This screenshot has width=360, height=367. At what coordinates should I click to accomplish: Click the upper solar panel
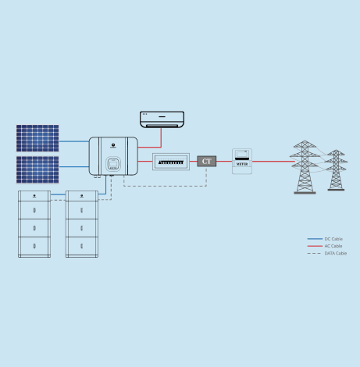click(37, 138)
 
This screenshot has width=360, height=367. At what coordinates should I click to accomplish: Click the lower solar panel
click(37, 169)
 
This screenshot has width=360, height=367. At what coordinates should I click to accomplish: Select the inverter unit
click(113, 156)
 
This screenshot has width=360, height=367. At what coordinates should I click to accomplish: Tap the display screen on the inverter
click(113, 164)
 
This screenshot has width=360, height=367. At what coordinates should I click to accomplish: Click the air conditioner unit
click(162, 119)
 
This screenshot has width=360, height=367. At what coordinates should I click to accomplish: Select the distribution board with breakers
click(171, 162)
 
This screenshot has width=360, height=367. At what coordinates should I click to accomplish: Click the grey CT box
click(207, 162)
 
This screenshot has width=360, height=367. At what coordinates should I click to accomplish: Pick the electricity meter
click(242, 161)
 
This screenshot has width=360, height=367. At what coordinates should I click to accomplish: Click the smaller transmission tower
click(336, 170)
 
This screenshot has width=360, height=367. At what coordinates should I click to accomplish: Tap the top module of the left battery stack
click(34, 196)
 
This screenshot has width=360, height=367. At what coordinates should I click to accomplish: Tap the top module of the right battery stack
click(81, 196)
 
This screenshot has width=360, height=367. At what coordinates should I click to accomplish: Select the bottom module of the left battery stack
click(34, 246)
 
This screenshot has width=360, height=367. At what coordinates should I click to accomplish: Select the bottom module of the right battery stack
click(81, 246)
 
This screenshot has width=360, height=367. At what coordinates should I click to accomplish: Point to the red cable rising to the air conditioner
click(162, 137)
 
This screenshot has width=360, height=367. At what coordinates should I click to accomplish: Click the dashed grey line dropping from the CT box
click(207, 176)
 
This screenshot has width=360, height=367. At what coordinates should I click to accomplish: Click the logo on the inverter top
click(113, 145)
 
